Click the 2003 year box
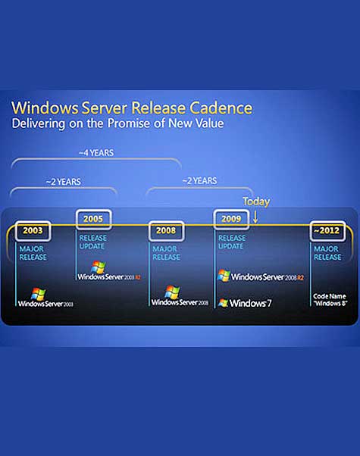pos(33,230)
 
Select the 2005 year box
pos(94,220)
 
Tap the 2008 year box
pos(165,230)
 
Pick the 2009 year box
pos(231,220)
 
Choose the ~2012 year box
pos(329,230)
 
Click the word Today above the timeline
pos(256,201)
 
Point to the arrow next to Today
pos(255,217)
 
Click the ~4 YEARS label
pos(96,153)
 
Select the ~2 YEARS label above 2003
pos(63,181)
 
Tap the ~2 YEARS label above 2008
pos(199,180)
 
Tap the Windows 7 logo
pos(245,303)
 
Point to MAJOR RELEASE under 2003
pos(34,252)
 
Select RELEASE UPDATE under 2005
pos(95,241)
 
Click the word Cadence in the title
pos(214,107)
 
